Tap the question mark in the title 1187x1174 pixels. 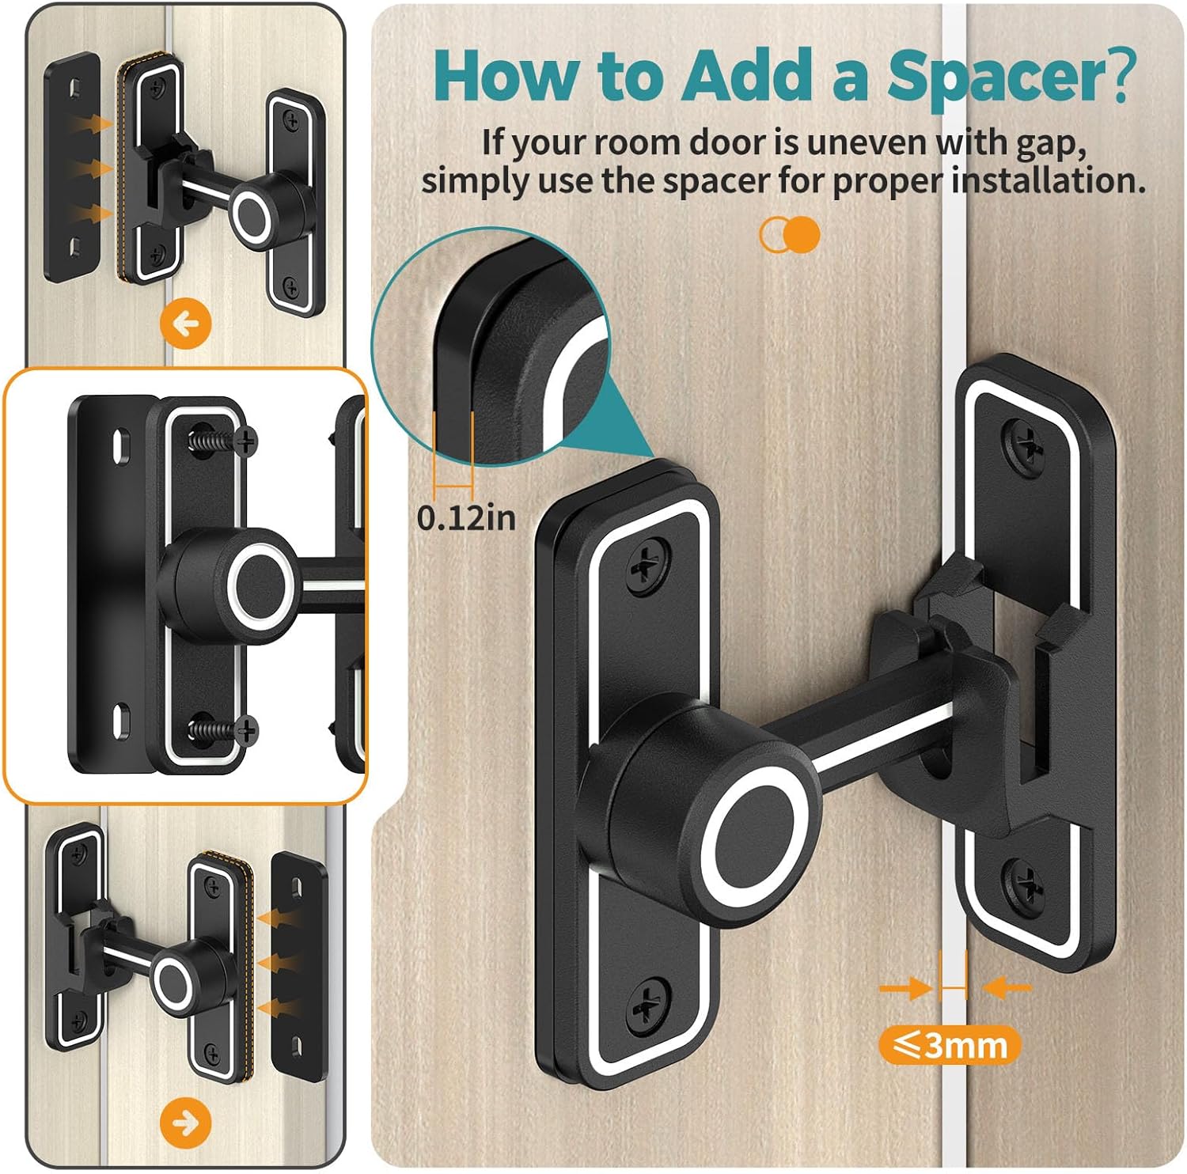pos(1119,78)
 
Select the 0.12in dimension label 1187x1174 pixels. pos(466,518)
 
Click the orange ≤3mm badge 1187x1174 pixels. pos(950,1046)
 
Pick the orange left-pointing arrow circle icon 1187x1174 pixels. pos(186,324)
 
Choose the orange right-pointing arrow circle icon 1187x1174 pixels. pos(186,1123)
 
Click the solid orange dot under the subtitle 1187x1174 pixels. pos(804,235)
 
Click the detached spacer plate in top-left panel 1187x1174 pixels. pos(72,166)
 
